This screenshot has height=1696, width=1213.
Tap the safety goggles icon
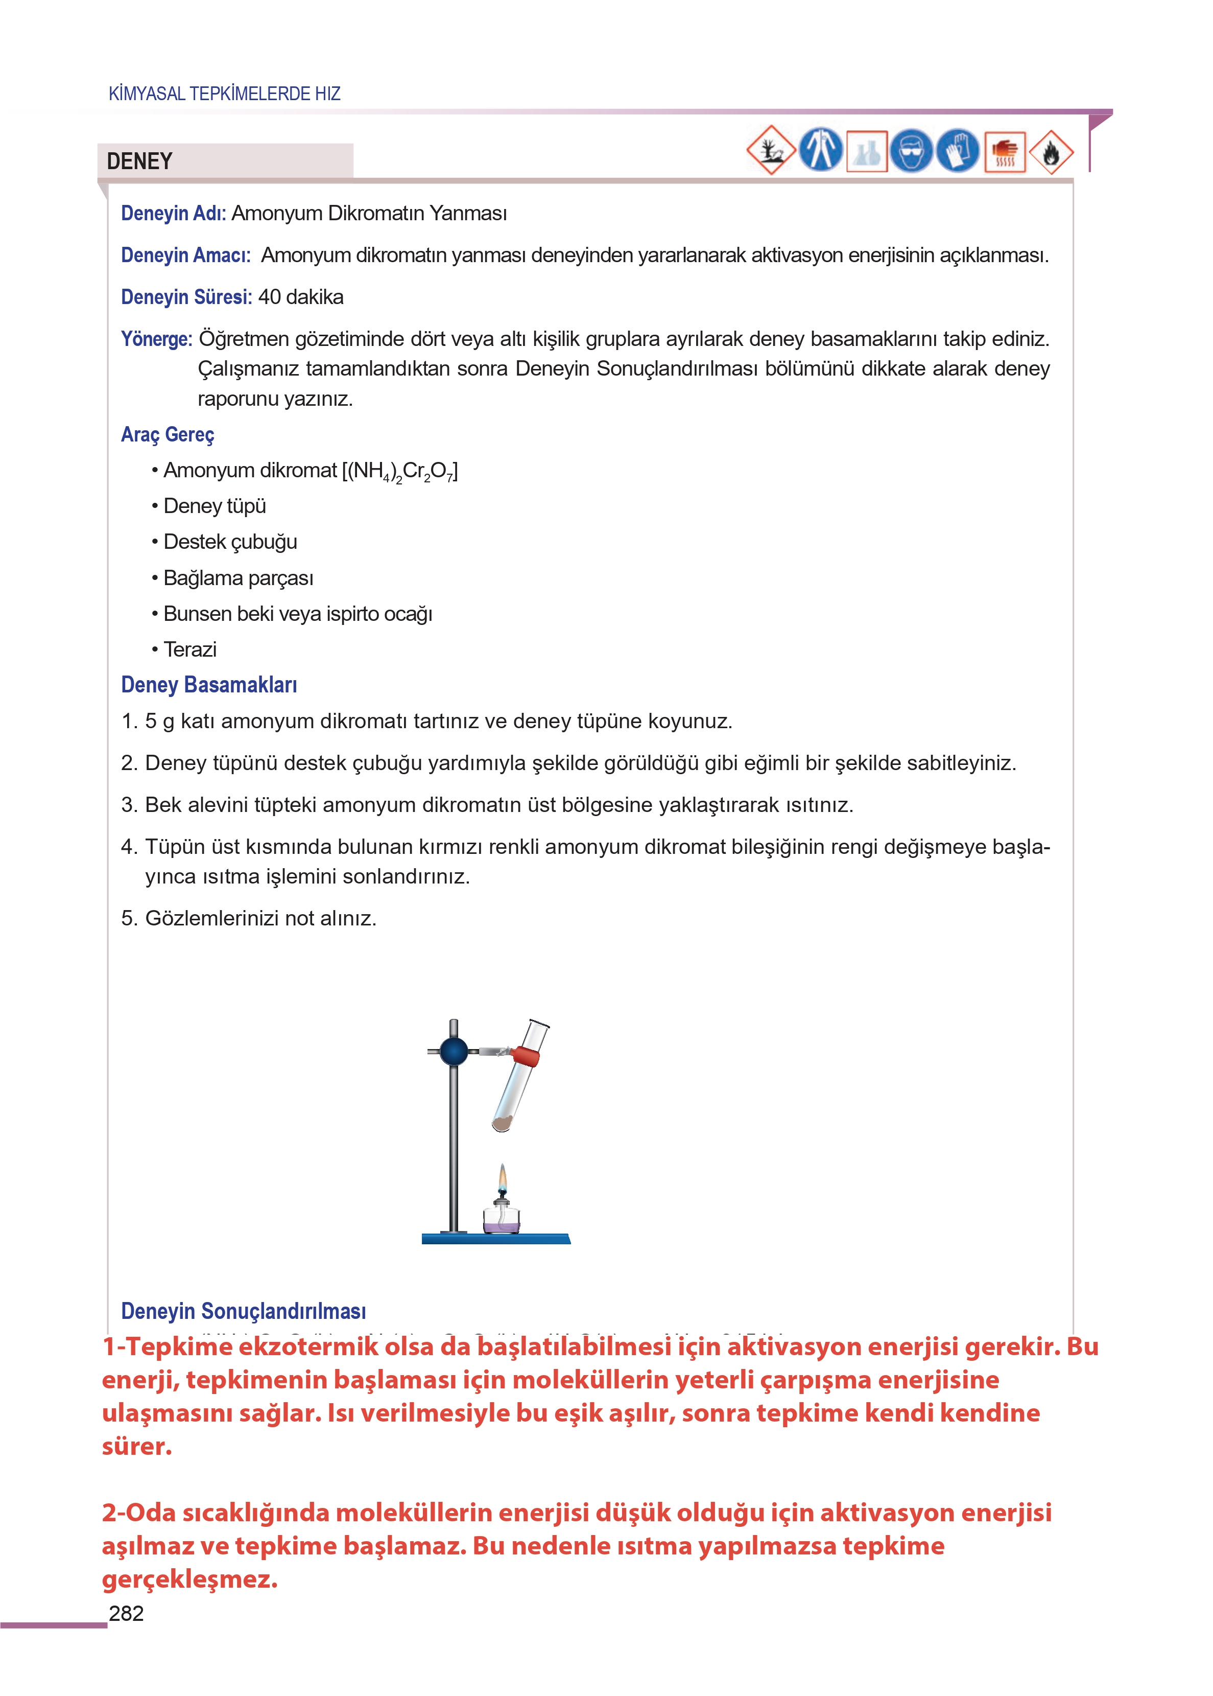(911, 152)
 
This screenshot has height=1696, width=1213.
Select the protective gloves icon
(958, 152)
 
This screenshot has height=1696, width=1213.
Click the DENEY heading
(139, 161)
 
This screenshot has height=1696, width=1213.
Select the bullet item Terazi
(189, 649)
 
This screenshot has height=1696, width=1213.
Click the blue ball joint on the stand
(454, 1051)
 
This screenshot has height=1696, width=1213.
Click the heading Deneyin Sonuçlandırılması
(244, 1311)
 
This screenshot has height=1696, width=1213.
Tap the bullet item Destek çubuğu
(230, 542)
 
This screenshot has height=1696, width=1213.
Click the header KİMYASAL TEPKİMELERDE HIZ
(224, 94)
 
